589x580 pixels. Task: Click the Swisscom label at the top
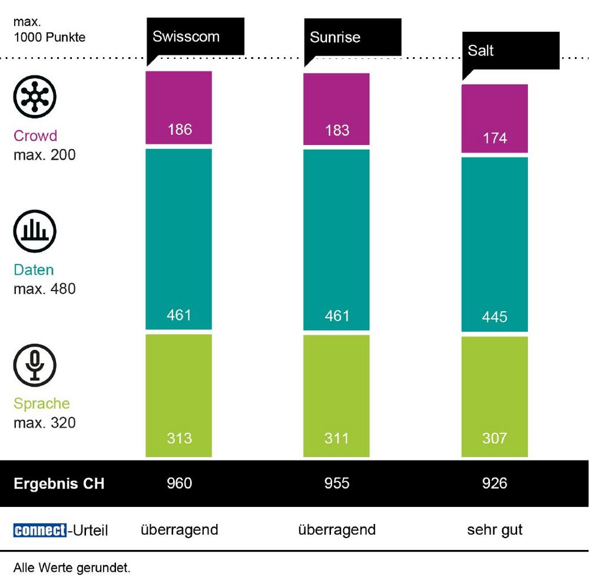(186, 37)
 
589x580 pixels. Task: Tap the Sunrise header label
(335, 38)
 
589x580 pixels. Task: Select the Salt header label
(481, 51)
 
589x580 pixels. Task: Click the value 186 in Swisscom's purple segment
(180, 129)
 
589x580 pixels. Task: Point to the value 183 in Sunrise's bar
(337, 130)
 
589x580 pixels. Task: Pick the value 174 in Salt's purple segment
(494, 138)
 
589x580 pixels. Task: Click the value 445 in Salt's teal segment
(494, 317)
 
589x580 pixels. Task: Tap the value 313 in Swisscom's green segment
(180, 438)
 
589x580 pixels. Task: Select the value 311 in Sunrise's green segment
(337, 438)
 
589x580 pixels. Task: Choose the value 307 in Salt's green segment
(494, 438)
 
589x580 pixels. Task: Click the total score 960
(180, 483)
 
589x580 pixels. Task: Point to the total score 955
(337, 483)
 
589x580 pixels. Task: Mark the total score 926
(494, 483)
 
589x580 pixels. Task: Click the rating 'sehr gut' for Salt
(495, 529)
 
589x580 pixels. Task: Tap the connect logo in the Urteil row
(39, 530)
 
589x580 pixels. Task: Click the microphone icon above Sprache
(35, 362)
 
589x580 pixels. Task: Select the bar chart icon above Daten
(35, 229)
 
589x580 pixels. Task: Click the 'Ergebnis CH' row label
(59, 484)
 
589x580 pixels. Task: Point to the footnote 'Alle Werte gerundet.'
(71, 568)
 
